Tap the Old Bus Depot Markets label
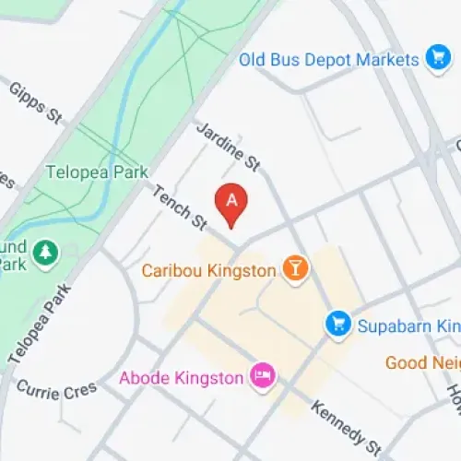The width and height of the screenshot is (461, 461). point(328,60)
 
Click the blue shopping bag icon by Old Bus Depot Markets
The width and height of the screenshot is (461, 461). point(437,59)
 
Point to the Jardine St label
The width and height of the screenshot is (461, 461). point(228,147)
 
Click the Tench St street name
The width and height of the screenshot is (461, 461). point(179,205)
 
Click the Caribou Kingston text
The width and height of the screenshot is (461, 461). point(209,271)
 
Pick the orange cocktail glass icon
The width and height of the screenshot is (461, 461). point(295,269)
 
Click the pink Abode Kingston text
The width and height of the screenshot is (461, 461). point(181,377)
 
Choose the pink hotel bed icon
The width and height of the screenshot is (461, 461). point(262,376)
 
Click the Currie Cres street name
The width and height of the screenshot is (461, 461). point(55,391)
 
